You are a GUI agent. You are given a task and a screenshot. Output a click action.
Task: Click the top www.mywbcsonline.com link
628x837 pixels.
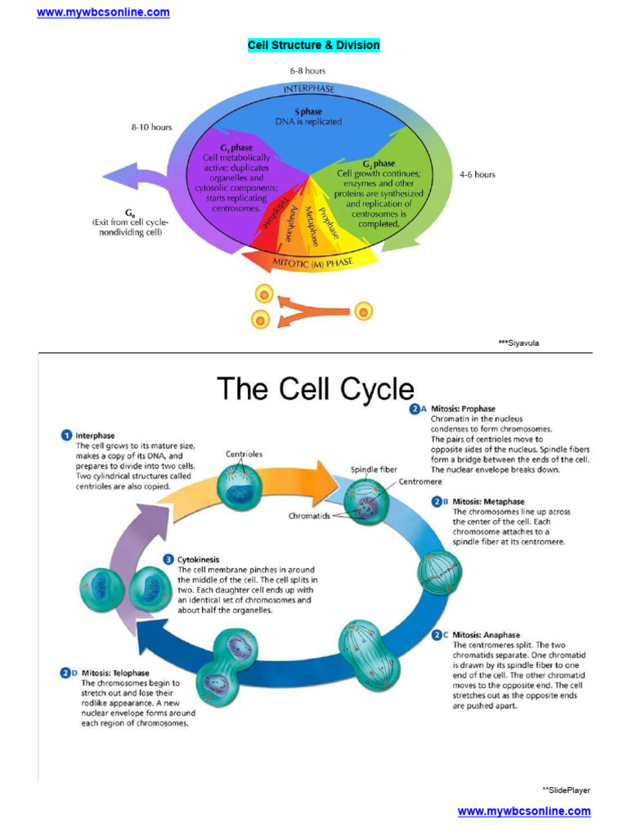pyautogui.click(x=103, y=12)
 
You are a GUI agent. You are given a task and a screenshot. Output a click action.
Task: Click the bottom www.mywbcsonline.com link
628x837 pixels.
pyautogui.click(x=523, y=811)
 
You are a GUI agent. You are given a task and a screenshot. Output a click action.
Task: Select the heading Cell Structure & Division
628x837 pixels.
pyautogui.click(x=314, y=45)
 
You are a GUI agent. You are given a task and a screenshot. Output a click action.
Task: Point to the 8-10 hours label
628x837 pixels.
pyautogui.click(x=151, y=128)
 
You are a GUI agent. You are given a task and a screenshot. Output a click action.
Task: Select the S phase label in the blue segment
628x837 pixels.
pyautogui.click(x=308, y=111)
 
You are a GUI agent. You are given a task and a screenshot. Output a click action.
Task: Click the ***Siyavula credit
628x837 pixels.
pyautogui.click(x=518, y=343)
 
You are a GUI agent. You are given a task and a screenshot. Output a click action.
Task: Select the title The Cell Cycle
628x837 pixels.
pyautogui.click(x=315, y=389)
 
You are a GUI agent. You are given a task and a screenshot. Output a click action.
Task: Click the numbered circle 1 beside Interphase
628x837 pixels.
pyautogui.click(x=66, y=436)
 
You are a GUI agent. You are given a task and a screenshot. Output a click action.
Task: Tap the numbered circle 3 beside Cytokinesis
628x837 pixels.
pyautogui.click(x=168, y=560)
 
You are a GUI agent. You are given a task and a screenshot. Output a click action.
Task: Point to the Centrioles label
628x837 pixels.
pyautogui.click(x=244, y=454)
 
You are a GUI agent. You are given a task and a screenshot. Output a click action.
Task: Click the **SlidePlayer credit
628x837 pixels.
pyautogui.click(x=566, y=790)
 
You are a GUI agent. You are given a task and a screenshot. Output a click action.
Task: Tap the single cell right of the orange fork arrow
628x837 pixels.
pyautogui.click(x=363, y=311)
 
